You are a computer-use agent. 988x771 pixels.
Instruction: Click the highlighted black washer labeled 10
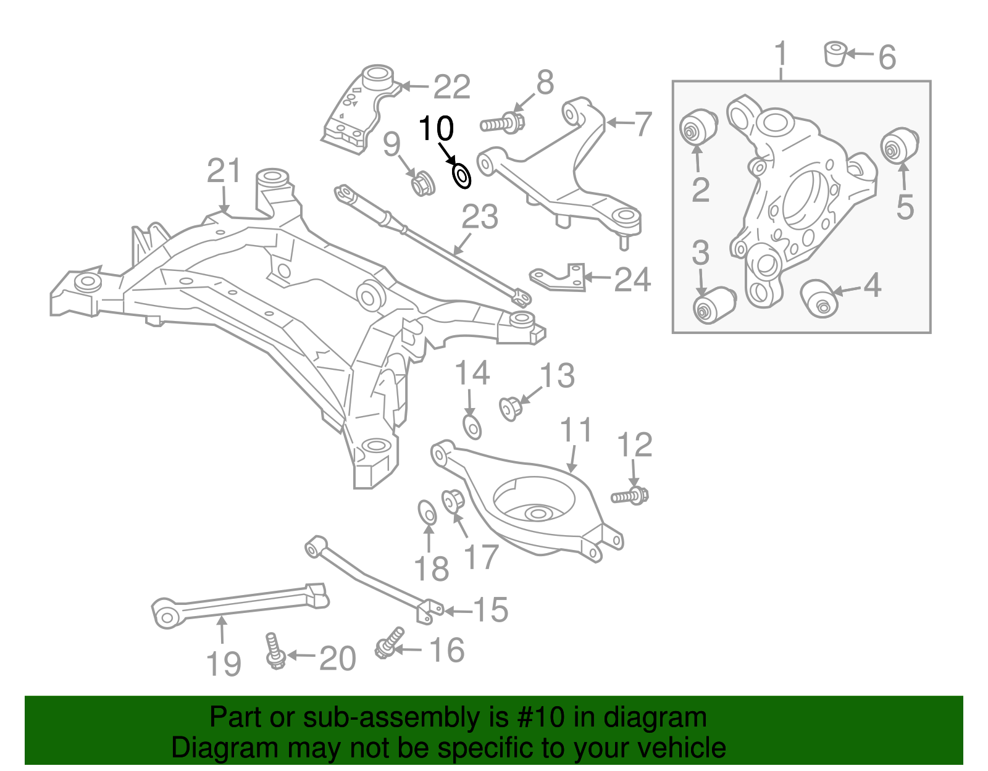[x=461, y=177]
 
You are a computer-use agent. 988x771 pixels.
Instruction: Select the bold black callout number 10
[x=436, y=129]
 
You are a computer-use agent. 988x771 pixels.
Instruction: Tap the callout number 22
[x=451, y=87]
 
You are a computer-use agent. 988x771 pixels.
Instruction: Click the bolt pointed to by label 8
[x=503, y=123]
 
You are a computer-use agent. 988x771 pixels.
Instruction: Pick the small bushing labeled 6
[x=835, y=53]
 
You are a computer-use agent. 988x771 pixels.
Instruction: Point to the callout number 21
[x=224, y=171]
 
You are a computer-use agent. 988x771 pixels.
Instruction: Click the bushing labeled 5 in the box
[x=899, y=146]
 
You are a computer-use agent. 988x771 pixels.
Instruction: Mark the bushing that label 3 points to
[x=713, y=304]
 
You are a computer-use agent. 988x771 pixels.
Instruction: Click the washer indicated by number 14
[x=472, y=427]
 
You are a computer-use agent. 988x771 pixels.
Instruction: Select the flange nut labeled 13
[x=510, y=408]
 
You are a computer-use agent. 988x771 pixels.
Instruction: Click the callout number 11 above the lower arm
[x=576, y=431]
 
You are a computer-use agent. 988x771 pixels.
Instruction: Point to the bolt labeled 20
[x=274, y=651]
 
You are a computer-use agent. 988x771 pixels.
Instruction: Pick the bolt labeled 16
[x=388, y=643]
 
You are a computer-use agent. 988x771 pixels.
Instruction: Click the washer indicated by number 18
[x=427, y=512]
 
